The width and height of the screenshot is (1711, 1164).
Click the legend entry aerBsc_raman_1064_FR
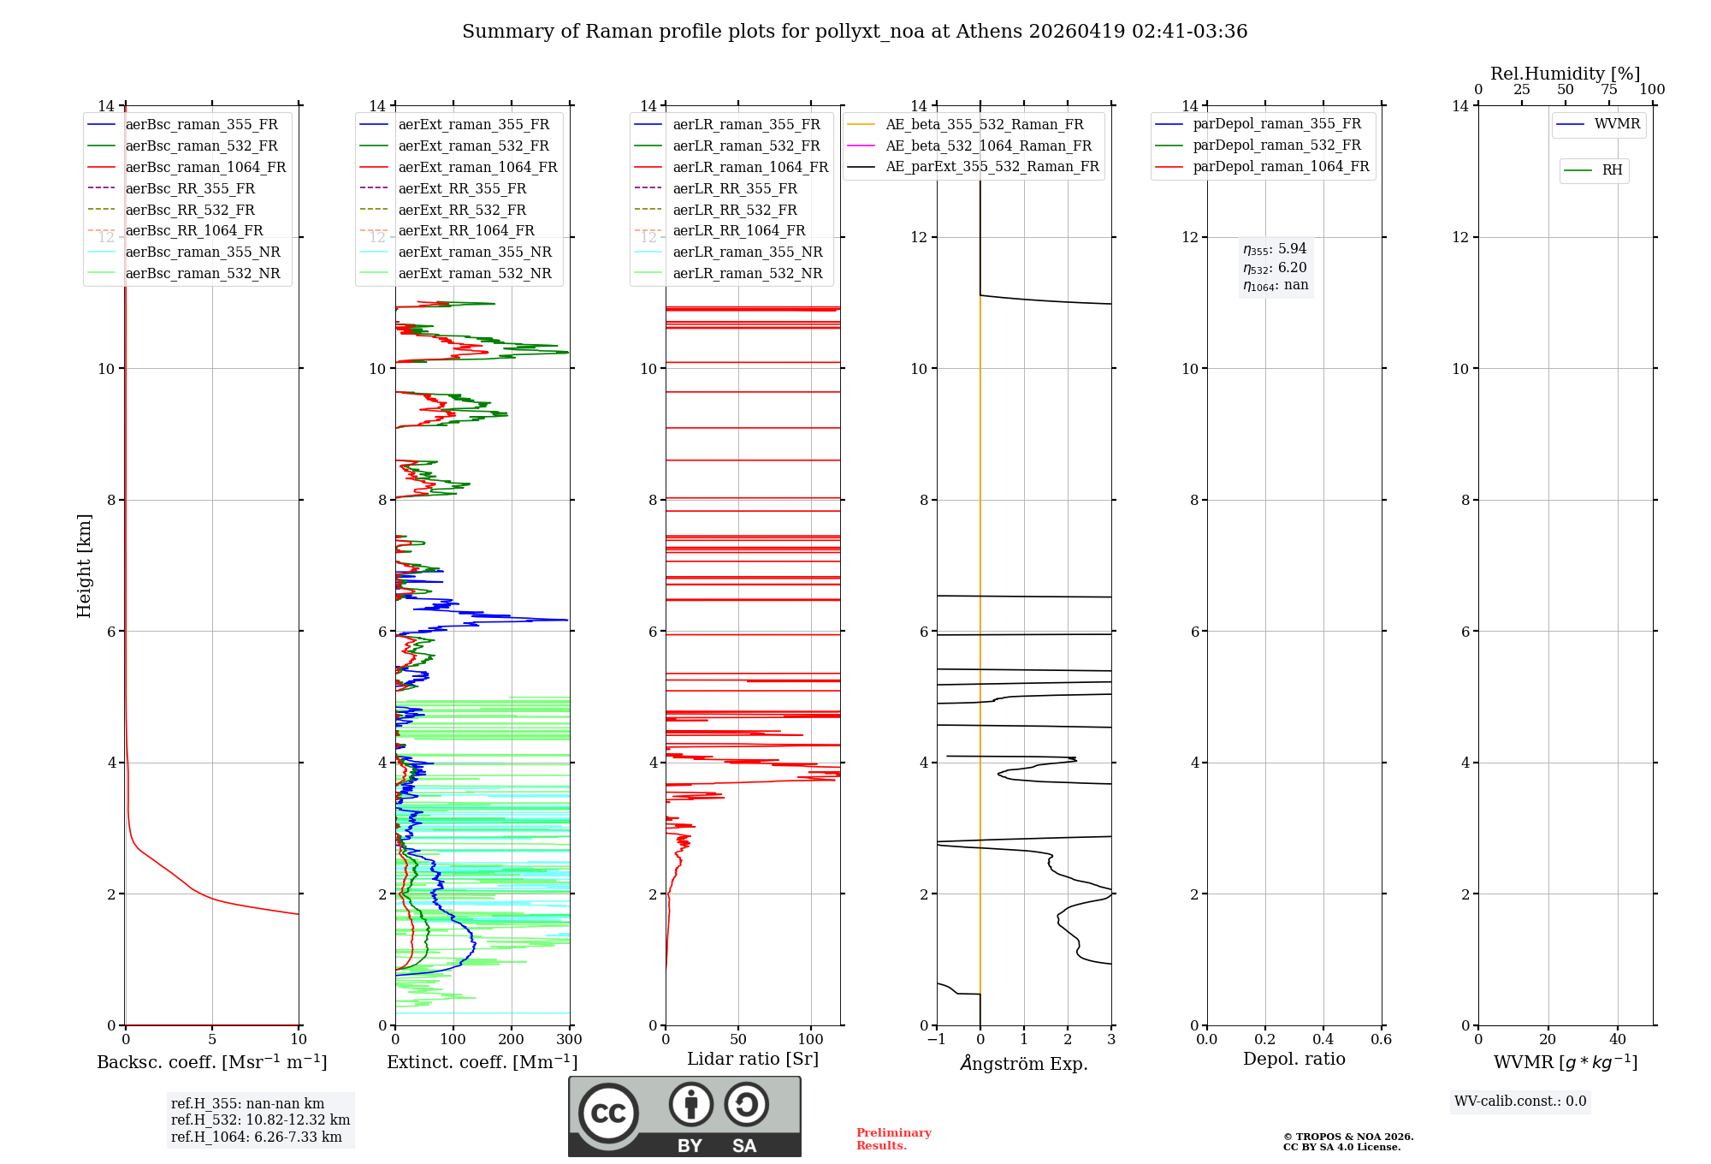click(205, 167)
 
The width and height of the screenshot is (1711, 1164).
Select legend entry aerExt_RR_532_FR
click(462, 210)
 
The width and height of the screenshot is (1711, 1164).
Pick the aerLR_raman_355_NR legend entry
click(747, 252)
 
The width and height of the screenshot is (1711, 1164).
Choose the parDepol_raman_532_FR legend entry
click(1276, 145)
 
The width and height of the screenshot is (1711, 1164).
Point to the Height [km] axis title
click(84, 565)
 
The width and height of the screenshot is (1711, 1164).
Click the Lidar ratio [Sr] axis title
click(753, 1059)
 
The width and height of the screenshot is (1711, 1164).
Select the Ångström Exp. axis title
click(1024, 1063)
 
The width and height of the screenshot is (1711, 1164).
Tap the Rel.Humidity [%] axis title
click(1565, 74)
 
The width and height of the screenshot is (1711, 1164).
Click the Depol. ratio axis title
click(1294, 1059)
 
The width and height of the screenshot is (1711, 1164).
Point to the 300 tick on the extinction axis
click(569, 1039)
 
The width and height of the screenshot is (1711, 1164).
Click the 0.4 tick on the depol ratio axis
click(1323, 1039)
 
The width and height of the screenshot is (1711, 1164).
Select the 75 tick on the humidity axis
click(1608, 90)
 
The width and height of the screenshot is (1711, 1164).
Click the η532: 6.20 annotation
click(1275, 267)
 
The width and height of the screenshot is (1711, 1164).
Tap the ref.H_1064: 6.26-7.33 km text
click(256, 1137)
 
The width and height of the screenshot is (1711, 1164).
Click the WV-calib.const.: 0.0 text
click(1520, 1102)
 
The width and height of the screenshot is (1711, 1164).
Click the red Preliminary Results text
click(893, 1139)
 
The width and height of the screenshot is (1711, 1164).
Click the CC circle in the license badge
click(608, 1114)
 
